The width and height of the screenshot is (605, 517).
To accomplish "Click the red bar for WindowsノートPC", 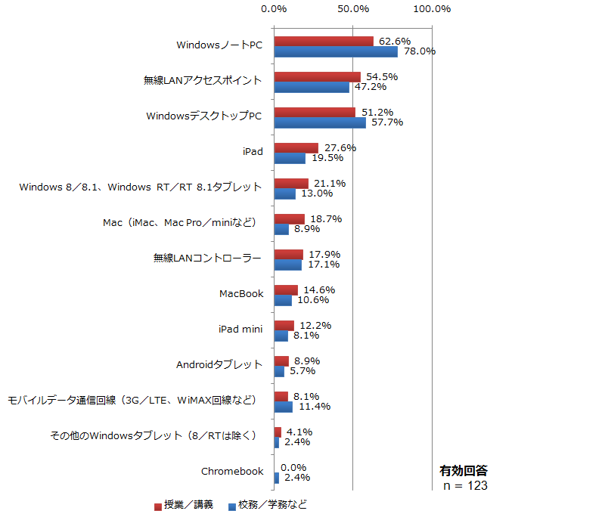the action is coord(324,42).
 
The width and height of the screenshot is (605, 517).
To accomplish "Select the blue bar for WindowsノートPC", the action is coord(336,51).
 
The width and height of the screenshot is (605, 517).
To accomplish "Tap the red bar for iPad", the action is coord(296,148).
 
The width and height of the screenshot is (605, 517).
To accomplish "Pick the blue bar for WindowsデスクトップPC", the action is coord(320,122).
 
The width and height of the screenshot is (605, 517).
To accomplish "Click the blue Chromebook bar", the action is coord(277,478).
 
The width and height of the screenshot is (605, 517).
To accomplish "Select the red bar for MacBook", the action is coord(286,290).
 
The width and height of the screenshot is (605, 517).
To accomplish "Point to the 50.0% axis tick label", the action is coord(353,9).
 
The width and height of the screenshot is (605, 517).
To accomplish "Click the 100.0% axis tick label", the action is coord(432,9).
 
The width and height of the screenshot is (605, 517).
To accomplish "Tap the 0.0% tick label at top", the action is coord(274,9).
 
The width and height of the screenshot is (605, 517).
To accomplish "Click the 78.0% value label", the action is coord(420,51).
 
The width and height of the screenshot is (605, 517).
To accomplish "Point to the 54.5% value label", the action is coord(382,77).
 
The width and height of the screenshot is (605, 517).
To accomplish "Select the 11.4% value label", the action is coord(315,407).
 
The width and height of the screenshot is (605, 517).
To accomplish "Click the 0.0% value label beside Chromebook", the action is coord(293,468).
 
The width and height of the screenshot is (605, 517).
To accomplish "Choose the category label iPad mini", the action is coord(240,330).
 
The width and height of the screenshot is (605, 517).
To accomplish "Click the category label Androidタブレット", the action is coord(219,365).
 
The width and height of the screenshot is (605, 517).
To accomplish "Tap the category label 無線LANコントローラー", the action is coord(207,258).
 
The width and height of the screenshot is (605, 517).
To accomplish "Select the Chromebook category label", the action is coord(232,472).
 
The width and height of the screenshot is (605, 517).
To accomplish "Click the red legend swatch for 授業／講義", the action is coord(158,506).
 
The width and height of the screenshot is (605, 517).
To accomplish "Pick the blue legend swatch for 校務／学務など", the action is coord(232,506).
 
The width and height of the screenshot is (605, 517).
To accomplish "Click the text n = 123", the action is coord(465,486).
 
